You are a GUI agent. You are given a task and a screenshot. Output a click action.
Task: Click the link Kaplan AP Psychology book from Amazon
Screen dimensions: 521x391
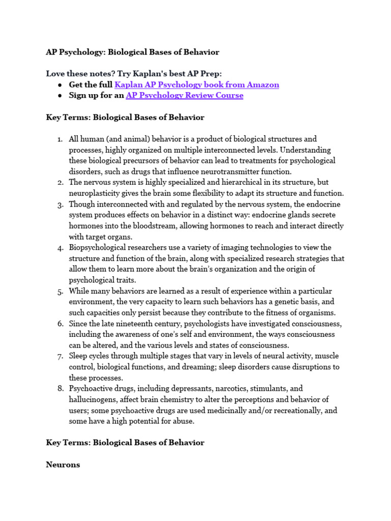point(197,85)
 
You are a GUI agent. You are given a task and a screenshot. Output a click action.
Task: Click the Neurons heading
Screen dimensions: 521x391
point(63,465)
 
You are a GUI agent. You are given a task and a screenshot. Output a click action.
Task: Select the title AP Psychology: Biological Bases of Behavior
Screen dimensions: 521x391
point(132,52)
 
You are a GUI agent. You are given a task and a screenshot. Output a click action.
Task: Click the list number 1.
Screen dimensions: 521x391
point(59,139)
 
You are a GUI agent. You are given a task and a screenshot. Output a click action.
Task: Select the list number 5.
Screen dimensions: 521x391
point(60,291)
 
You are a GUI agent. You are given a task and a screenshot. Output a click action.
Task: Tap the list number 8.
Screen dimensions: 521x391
point(60,389)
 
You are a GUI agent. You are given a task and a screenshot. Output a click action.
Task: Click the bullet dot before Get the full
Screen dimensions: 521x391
point(60,85)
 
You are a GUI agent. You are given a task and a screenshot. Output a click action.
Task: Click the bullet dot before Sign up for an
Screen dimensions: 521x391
point(60,96)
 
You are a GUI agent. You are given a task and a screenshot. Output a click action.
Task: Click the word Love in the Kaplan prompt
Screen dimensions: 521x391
point(55,74)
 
